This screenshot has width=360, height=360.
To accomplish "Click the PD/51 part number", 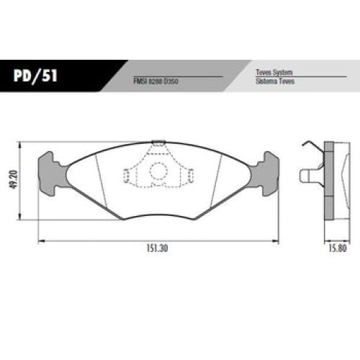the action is pos(35,76).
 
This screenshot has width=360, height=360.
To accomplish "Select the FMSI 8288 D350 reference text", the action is pos(156,81).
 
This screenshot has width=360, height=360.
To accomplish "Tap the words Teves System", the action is pos(274,72).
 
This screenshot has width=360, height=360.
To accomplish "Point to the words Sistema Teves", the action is pos(275,81).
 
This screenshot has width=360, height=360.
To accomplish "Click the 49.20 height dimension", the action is pos(14,179).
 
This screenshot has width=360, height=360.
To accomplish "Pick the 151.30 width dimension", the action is pos(157,248).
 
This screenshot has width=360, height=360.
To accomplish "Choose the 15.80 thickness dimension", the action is pos(338,248).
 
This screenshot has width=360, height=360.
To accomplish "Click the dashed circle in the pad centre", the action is pos(158,171).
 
